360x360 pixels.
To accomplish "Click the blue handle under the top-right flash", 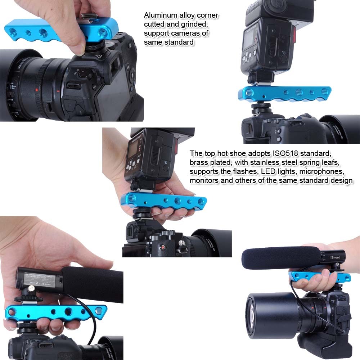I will coord(284,94).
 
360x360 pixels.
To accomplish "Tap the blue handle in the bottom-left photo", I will coord(54,312).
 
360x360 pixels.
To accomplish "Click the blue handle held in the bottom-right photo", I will coord(320,276).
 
